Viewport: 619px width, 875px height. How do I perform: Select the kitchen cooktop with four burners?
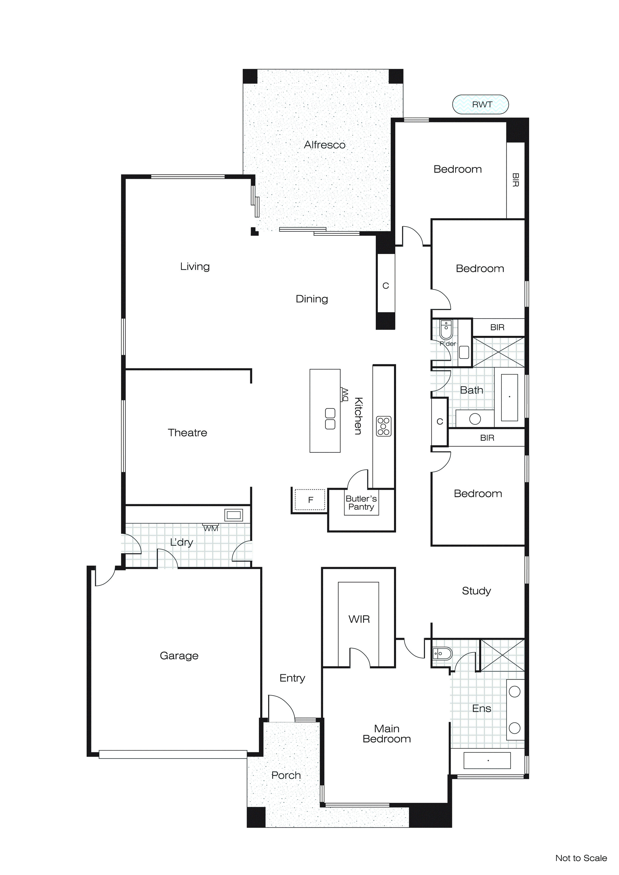pos(384,426)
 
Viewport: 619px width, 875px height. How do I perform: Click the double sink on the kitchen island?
pos(330,419)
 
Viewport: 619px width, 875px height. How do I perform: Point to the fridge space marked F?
pos(310,500)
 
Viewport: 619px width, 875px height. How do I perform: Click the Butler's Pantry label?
pos(361,503)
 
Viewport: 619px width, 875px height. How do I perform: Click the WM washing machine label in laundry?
pos(210,528)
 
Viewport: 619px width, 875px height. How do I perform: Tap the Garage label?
pos(179,656)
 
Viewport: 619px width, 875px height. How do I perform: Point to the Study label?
pos(476,591)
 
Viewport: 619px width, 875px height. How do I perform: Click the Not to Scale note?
pos(581,858)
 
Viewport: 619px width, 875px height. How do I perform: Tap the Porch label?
pos(286,775)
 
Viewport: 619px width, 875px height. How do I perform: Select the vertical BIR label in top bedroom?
pos(515,180)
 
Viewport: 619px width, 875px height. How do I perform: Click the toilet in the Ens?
pos(442,654)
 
